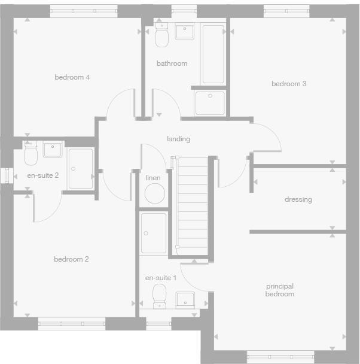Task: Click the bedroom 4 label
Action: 72,77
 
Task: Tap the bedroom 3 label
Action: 289,84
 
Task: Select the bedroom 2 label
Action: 71,259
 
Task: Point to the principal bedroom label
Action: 280,290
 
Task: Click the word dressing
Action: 298,199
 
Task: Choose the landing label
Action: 178,139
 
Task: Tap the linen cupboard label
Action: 153,178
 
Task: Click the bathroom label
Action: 172,63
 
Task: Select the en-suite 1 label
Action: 161,278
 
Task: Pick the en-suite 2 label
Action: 43,175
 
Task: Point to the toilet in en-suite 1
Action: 160,296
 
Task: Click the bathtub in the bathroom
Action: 213,54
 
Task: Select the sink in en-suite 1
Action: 185,299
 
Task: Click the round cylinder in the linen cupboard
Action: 155,194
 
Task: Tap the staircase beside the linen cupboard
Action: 191,204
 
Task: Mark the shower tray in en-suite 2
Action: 80,169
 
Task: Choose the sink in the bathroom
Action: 184,31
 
